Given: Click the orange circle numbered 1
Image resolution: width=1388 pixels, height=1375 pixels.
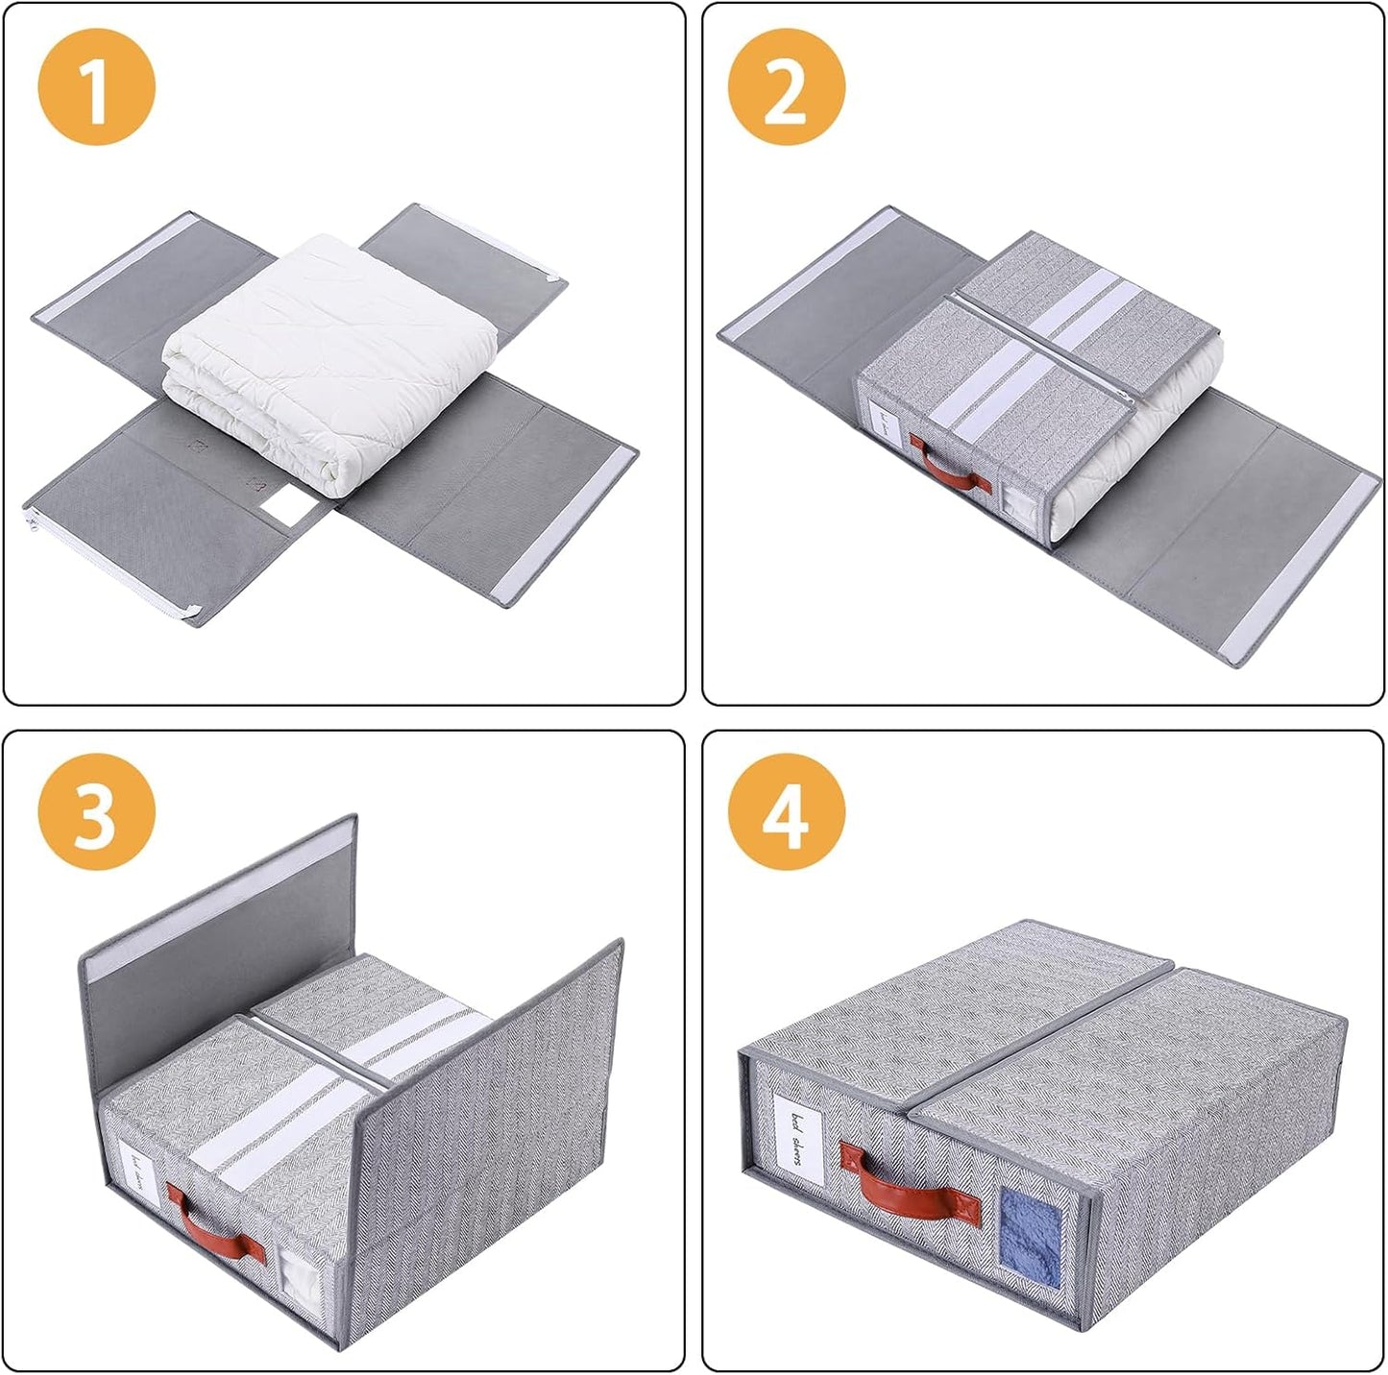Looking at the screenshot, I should (x=96, y=87).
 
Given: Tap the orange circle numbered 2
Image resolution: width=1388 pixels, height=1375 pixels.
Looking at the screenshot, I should (x=786, y=87).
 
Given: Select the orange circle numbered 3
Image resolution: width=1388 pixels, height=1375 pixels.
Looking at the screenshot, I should (x=96, y=811).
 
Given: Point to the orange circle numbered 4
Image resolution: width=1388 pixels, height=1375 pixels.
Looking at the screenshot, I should (x=786, y=811).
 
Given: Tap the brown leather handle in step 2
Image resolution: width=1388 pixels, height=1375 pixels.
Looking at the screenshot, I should (x=948, y=467).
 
